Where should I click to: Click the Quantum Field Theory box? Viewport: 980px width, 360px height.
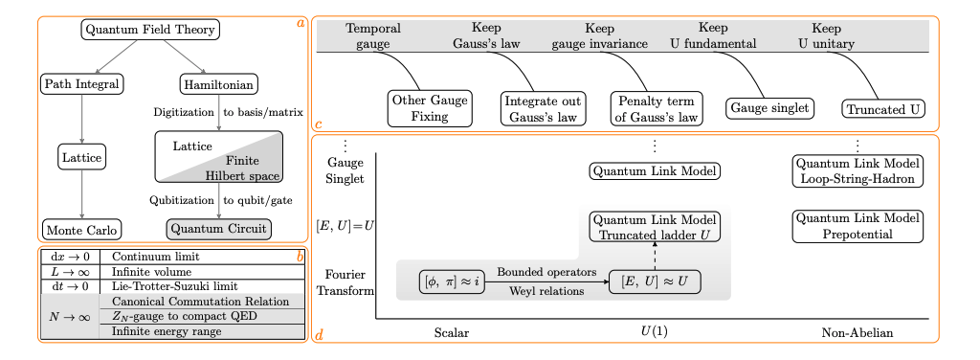tap(150, 30)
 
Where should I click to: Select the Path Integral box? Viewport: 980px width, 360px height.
tap(82, 84)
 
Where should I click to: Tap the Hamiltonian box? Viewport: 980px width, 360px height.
tap(218, 84)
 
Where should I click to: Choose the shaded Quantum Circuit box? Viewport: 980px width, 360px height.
tap(218, 229)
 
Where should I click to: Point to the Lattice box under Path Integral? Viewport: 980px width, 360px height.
tap(81, 156)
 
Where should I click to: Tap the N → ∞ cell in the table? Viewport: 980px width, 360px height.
tap(70, 316)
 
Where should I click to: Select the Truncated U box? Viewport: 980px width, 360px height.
tap(883, 108)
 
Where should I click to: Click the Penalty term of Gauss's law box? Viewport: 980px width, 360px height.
tap(656, 108)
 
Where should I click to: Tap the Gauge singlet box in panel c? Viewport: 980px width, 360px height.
tap(770, 108)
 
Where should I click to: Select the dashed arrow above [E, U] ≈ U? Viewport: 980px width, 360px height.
tap(655, 257)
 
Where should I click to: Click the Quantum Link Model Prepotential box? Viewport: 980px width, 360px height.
tap(857, 226)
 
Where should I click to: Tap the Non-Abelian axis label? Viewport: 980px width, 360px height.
tap(857, 333)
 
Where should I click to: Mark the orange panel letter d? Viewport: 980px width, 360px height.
tap(319, 335)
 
